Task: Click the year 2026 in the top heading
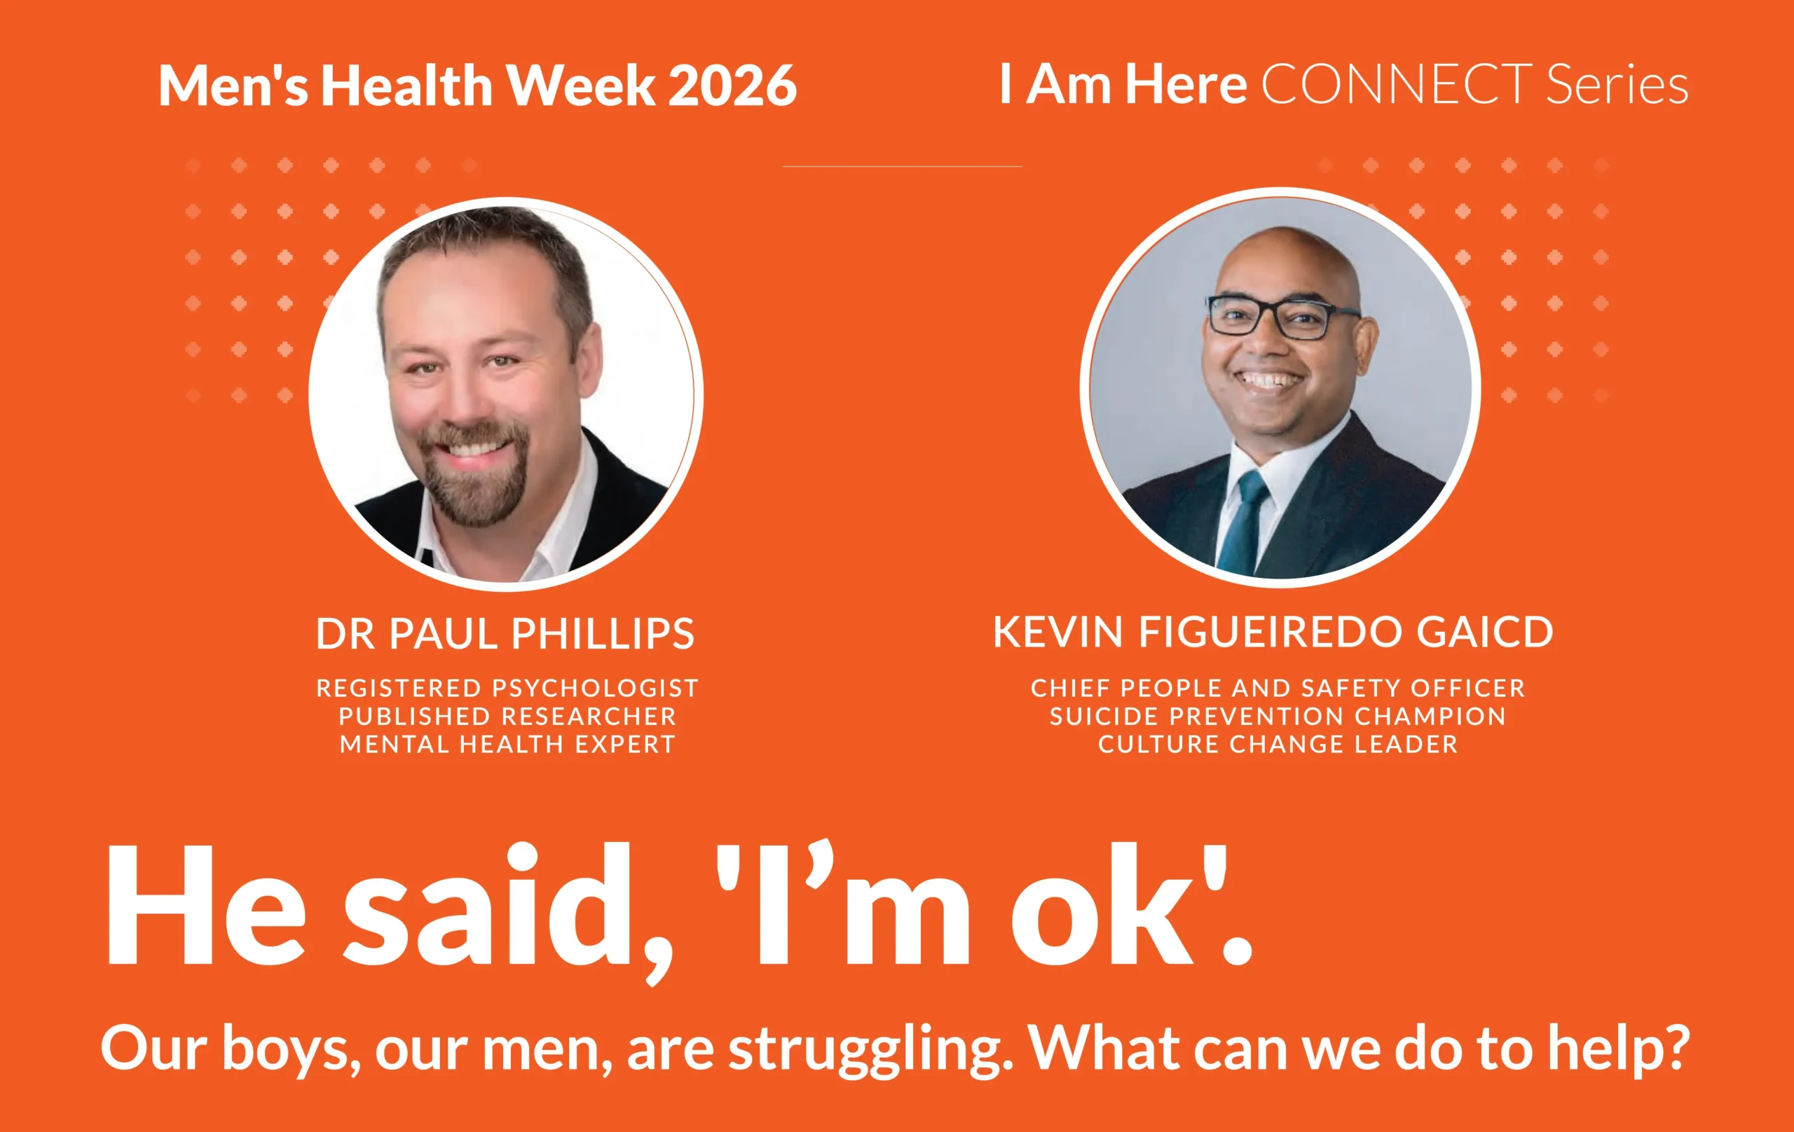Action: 732,85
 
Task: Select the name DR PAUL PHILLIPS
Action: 505,634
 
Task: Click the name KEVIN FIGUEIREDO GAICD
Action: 1273,633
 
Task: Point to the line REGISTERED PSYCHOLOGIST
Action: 507,688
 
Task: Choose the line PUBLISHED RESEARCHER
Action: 507,717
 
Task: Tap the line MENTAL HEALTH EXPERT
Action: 507,744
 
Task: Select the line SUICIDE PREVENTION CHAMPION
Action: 1278,717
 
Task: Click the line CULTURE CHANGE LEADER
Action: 1278,744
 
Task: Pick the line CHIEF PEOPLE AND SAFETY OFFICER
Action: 1278,688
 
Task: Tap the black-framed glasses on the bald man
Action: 1283,317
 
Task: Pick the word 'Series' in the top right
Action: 1617,84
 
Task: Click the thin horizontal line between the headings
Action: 902,166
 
